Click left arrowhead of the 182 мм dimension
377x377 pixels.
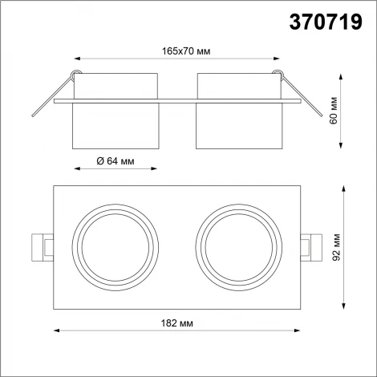tap(56, 329)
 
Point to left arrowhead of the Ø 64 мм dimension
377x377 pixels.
tap(76, 169)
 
